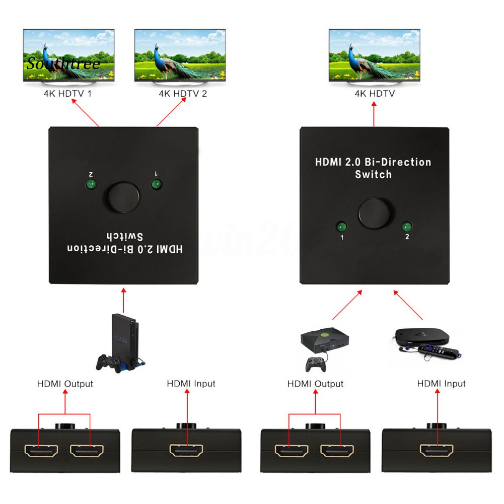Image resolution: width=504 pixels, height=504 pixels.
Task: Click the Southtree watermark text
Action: [63, 64]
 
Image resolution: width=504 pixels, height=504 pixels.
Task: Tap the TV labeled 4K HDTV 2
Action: [180, 54]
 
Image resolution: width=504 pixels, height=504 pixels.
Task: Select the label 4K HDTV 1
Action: [68, 93]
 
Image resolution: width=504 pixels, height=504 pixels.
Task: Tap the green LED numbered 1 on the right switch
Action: [342, 226]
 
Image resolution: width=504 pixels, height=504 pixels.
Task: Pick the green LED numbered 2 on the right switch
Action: [406, 227]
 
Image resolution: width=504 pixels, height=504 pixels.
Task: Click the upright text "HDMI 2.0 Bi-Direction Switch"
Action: [373, 168]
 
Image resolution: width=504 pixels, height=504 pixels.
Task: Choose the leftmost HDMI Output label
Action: [65, 384]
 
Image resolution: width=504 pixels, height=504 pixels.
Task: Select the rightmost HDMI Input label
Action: [441, 384]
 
